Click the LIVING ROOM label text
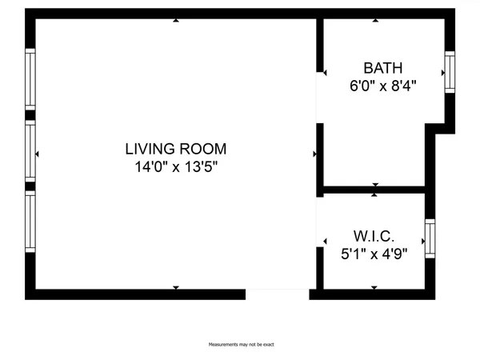[x=175, y=149]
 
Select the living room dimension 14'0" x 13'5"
[x=175, y=167]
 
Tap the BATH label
[x=382, y=68]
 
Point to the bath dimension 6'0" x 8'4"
[x=382, y=84]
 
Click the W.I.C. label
[x=374, y=238]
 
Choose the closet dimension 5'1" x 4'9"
[x=374, y=254]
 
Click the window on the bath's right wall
[x=449, y=72]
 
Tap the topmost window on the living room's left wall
[x=30, y=79]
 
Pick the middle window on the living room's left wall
[x=30, y=151]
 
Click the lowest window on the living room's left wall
[x=30, y=222]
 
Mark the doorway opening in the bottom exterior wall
[x=277, y=294]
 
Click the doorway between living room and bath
[x=319, y=98]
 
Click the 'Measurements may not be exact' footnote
[x=241, y=345]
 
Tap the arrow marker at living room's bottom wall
[x=176, y=286]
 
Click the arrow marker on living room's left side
[x=38, y=153]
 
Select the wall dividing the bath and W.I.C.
[x=373, y=190]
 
